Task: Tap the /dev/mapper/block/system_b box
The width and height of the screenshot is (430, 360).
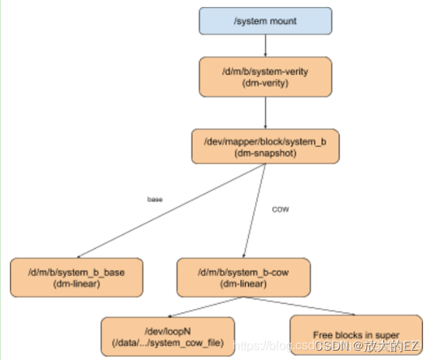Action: coord(266,145)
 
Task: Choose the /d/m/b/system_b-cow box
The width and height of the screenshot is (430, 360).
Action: coord(243,277)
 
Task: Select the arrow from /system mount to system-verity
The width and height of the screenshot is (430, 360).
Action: coord(265,47)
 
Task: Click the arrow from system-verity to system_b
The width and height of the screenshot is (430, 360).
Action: coord(265,114)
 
